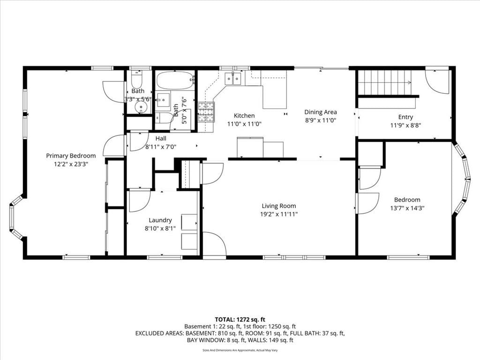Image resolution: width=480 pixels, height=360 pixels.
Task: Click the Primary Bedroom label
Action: click(x=71, y=156)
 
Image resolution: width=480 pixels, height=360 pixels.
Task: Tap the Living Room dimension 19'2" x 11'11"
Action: click(x=278, y=214)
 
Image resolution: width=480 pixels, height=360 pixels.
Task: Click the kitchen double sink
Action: click(x=232, y=78)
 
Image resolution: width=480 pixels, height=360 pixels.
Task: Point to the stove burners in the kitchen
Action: click(x=206, y=112)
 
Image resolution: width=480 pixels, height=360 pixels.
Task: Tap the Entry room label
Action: click(x=405, y=117)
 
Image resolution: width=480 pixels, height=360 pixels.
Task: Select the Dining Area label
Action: click(x=321, y=112)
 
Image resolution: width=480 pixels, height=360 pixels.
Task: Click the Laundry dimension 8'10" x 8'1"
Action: click(x=160, y=228)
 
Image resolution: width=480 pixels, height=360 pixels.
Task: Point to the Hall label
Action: click(x=161, y=138)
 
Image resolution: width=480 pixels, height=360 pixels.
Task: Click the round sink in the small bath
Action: click(x=141, y=107)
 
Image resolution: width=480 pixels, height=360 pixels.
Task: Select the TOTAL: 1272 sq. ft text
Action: click(x=240, y=320)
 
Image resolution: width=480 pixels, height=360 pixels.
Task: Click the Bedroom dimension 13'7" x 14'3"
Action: click(x=407, y=208)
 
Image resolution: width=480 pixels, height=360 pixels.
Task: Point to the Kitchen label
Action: click(x=244, y=115)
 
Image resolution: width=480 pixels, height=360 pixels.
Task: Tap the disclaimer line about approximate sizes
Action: click(x=240, y=350)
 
